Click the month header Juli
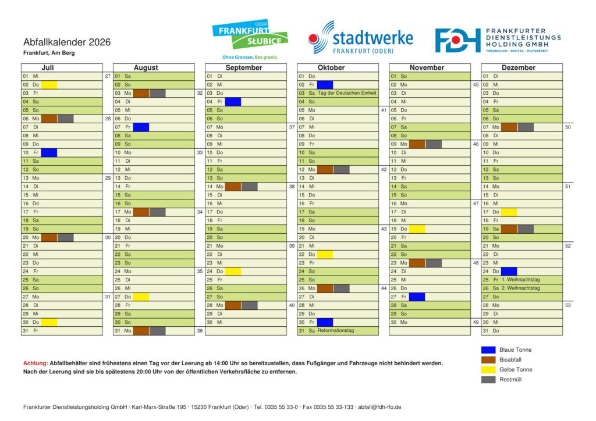pos(48,67)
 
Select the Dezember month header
pos(518,67)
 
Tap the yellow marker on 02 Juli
pos(49,85)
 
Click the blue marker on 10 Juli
pos(49,152)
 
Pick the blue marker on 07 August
pos(141,127)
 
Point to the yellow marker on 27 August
pos(141,297)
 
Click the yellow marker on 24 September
pos(233,271)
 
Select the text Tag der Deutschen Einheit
pos(347,93)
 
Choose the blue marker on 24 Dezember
pos(509,271)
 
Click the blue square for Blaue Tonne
pos(488,350)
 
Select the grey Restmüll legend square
pos(488,380)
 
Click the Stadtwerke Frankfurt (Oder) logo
pos(360,38)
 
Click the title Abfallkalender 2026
pos(67,42)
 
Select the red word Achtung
pos(35,363)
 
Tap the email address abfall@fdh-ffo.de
pos(379,407)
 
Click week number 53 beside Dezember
pos(568,305)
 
